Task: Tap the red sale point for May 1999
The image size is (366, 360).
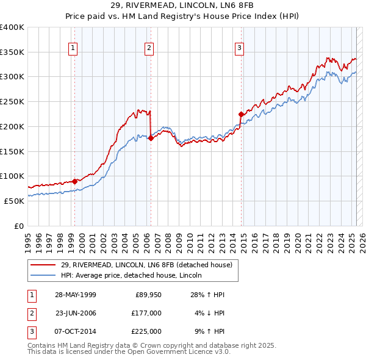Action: click(x=74, y=181)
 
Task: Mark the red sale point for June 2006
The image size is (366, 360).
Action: click(x=150, y=138)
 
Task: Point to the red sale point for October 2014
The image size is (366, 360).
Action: click(x=241, y=114)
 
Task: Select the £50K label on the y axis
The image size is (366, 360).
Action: click(x=15, y=201)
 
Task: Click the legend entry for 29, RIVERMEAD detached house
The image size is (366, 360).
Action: click(x=146, y=265)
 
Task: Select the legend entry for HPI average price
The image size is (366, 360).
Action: click(x=135, y=275)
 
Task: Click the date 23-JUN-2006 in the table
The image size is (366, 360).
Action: click(x=76, y=313)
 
